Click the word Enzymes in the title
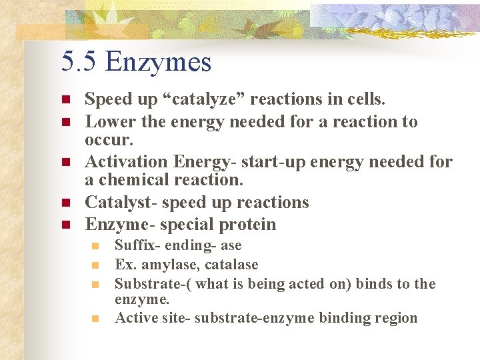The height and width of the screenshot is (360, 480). (158, 63)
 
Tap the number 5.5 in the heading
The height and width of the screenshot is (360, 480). (79, 63)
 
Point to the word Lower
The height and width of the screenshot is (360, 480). (109, 122)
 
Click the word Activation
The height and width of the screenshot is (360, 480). (127, 162)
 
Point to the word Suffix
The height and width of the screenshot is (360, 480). (133, 245)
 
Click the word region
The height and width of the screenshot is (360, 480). (395, 318)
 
